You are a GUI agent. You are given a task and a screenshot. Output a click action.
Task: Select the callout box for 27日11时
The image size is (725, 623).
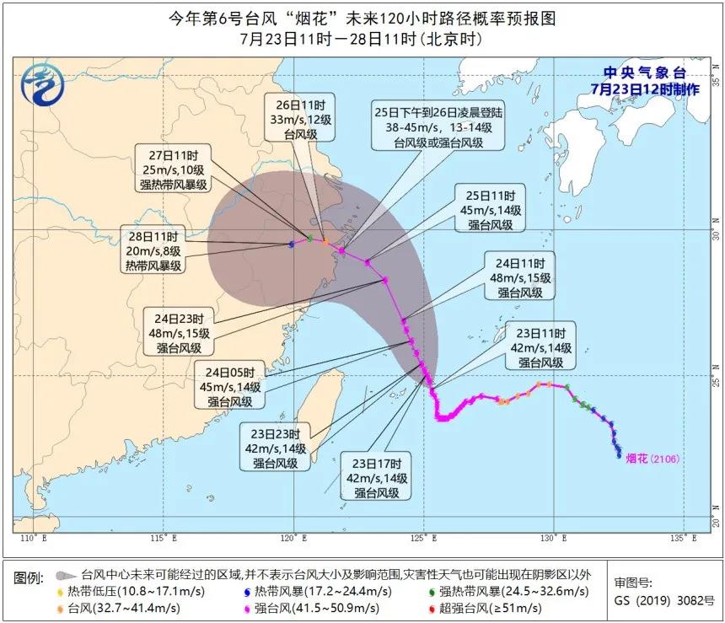[174, 169]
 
